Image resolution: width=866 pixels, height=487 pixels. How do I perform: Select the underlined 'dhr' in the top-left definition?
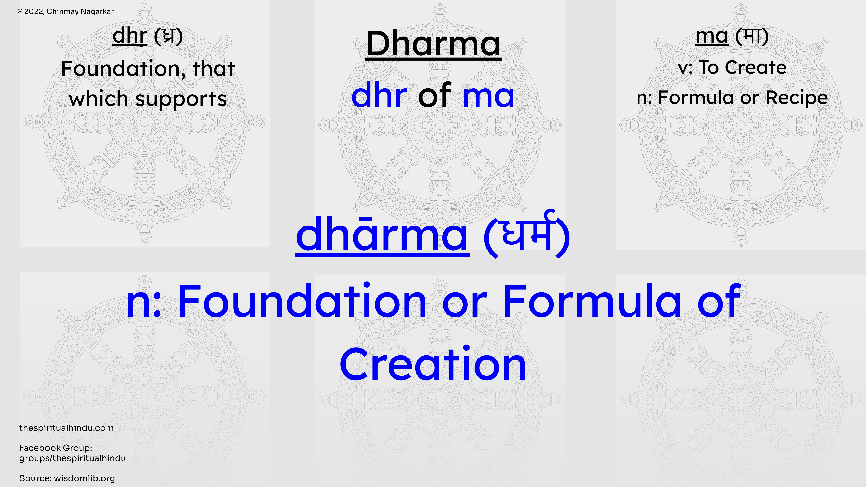[x=130, y=35]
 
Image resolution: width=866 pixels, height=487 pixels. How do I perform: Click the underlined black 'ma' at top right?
[x=712, y=36]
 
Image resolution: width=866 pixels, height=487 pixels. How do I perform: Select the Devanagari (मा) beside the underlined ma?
[x=752, y=36]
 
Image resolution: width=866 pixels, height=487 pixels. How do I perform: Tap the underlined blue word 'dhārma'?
[x=382, y=234]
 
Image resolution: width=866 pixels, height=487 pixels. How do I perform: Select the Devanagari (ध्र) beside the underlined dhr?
[x=168, y=36]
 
